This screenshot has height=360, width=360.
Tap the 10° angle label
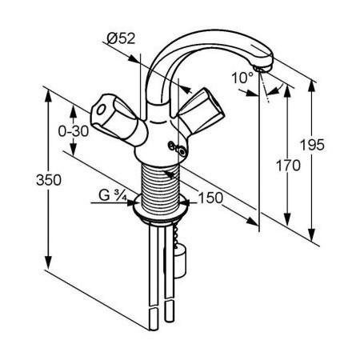[244, 78]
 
